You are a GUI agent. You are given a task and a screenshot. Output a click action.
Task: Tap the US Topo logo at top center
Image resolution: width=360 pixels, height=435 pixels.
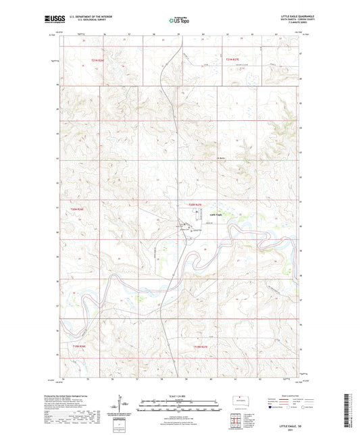pyautogui.click(x=180, y=20)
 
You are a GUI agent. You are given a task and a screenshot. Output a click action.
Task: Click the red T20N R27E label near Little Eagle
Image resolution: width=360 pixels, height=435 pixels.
pyautogui.click(x=195, y=205)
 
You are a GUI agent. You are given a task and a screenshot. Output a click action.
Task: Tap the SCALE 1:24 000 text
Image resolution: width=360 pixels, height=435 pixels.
pyautogui.click(x=180, y=396)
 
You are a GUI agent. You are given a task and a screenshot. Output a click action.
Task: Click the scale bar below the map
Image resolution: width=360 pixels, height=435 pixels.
pyautogui.click(x=180, y=406)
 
